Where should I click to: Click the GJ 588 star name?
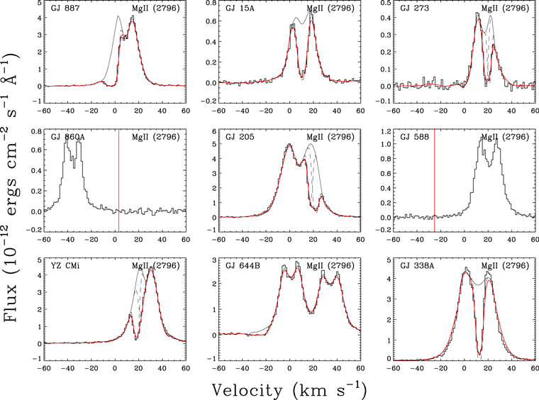pos(416,137)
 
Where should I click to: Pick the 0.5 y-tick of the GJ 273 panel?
pos(384,2)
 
